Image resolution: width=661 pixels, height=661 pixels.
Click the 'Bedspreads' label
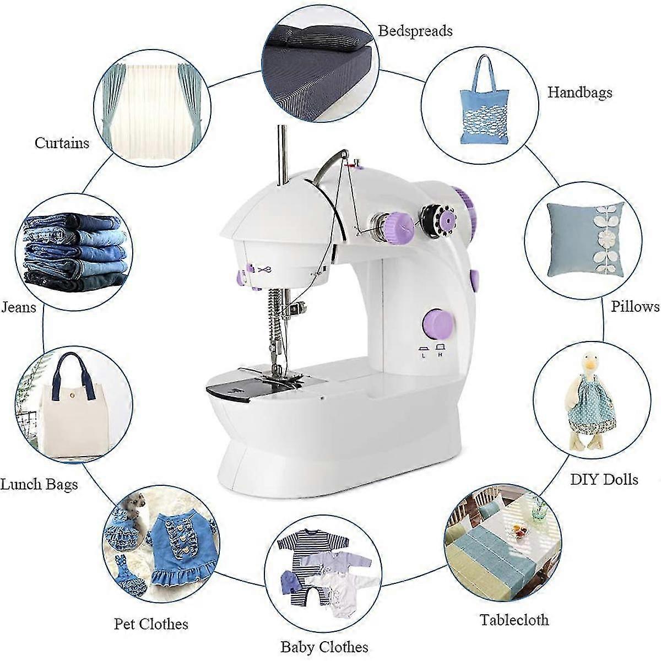[x=415, y=31]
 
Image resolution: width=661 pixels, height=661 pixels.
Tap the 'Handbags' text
[x=579, y=92]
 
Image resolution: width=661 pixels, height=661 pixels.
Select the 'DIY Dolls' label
[x=604, y=479]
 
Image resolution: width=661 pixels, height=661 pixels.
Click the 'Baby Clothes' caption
[x=324, y=647]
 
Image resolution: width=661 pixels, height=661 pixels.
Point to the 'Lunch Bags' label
[x=39, y=484]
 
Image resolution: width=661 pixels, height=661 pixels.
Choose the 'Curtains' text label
[x=62, y=143]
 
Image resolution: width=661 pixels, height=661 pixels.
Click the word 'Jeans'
[x=18, y=307]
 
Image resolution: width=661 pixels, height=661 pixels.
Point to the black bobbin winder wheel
[x=438, y=218]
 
